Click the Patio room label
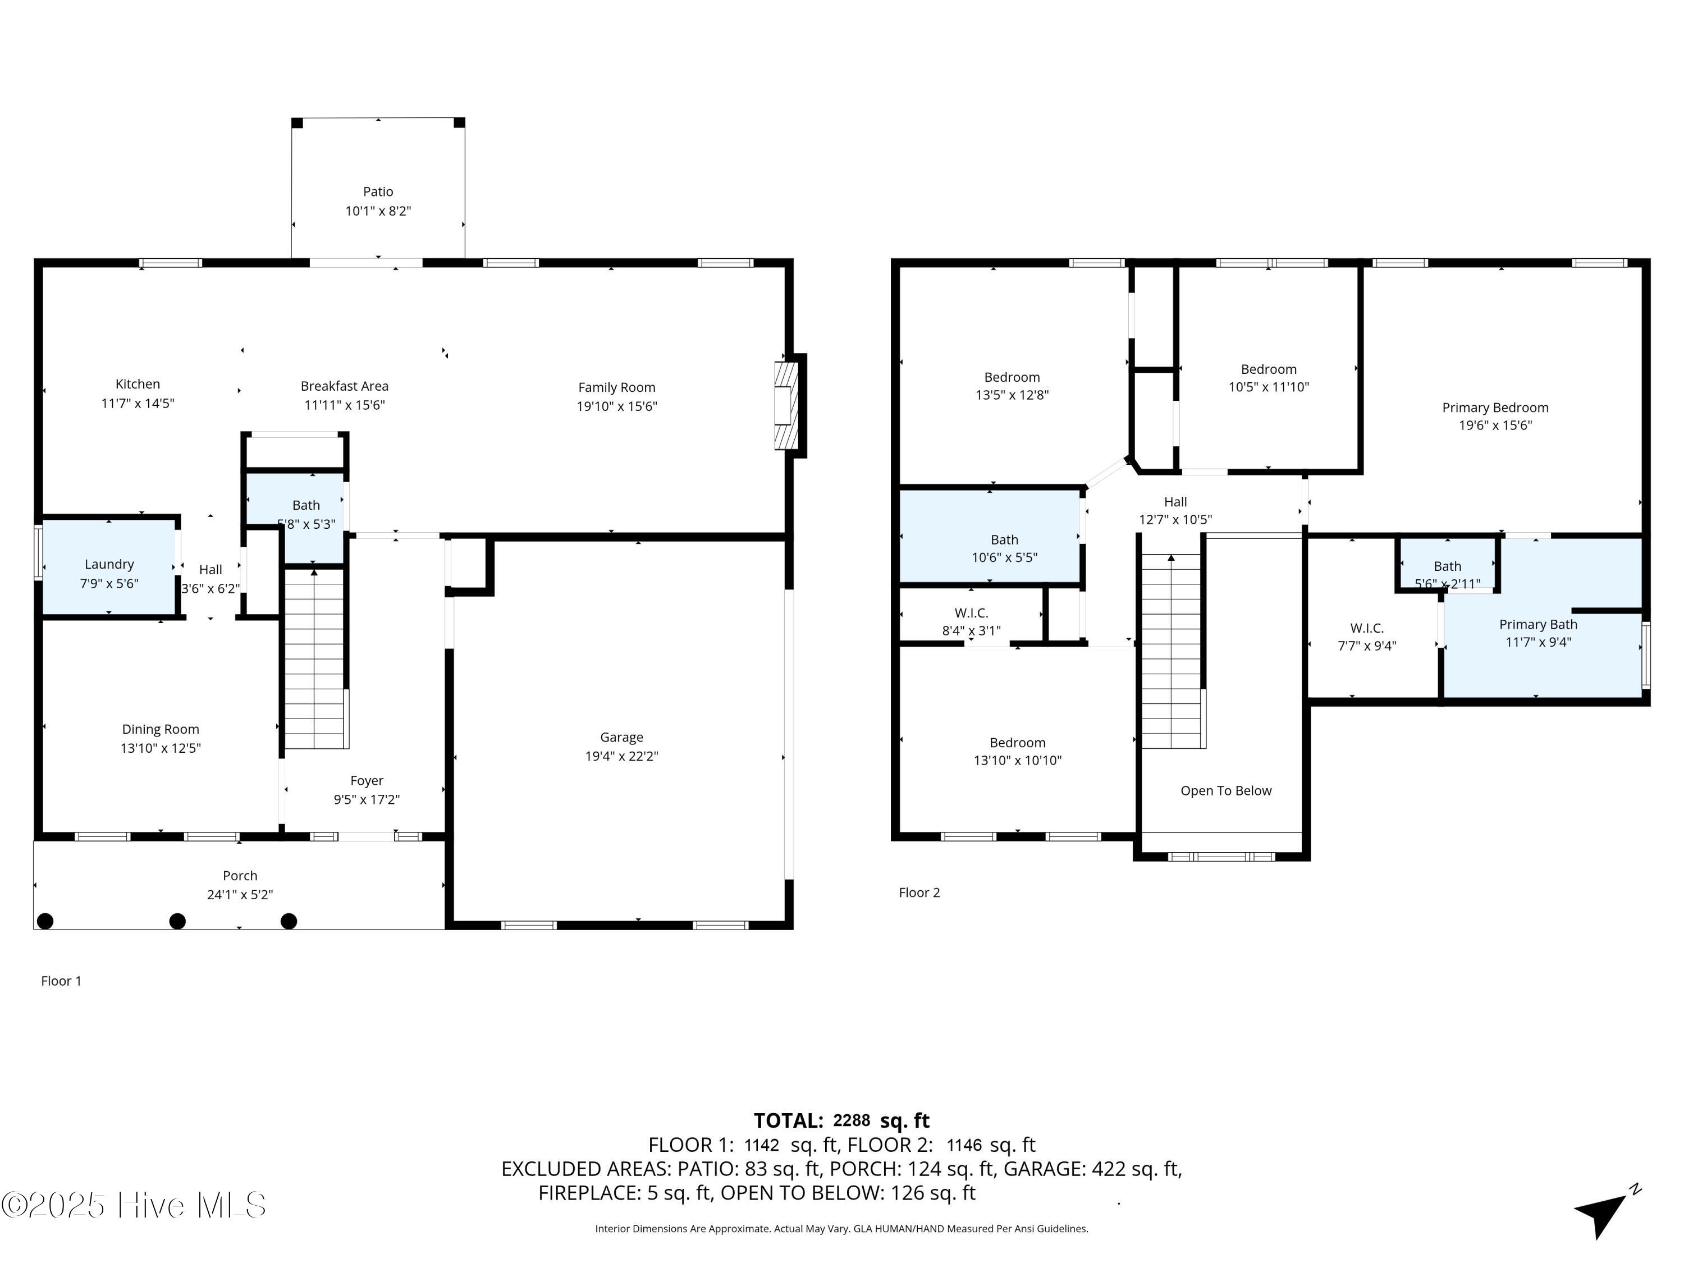click(378, 192)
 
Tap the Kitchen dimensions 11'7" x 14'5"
click(138, 404)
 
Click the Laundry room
click(109, 567)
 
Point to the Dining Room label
click(161, 729)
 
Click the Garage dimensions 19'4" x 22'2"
click(621, 756)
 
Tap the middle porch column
click(177, 921)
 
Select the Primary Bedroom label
click(1495, 408)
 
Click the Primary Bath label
click(1538, 624)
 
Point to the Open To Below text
click(1226, 791)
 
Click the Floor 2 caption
click(919, 893)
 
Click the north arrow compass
click(1605, 1212)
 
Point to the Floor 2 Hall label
click(1175, 502)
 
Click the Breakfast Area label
click(344, 387)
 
